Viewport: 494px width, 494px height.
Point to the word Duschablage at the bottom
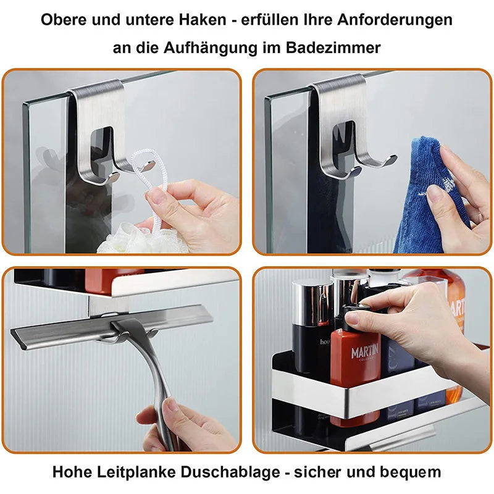232,472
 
